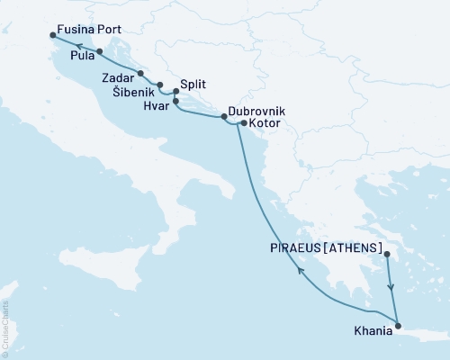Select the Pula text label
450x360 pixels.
[72, 55]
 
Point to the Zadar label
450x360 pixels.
[118, 79]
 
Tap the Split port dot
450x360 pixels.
[176, 90]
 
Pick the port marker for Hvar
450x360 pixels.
[175, 101]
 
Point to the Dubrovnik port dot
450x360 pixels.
[224, 118]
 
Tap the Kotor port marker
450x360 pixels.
[243, 122]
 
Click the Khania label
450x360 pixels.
[373, 330]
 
